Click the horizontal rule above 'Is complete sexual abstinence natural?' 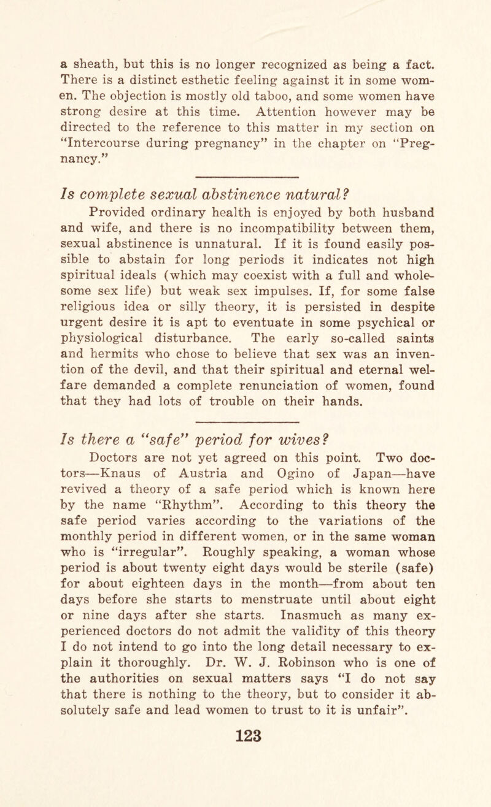coord(245,163)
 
